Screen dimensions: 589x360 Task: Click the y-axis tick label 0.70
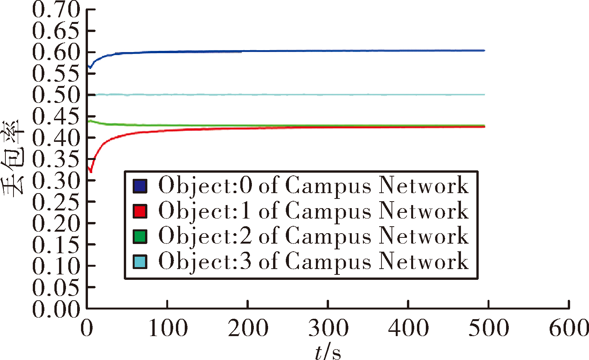coord(56,10)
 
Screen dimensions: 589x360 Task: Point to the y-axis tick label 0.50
coord(56,95)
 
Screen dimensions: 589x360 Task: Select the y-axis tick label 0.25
coord(56,202)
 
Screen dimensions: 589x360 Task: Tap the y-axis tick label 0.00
coord(56,308)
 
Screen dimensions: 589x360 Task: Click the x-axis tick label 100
coord(168,328)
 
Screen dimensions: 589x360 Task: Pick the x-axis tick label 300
coord(328,328)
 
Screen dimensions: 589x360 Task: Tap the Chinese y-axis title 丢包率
coord(13,157)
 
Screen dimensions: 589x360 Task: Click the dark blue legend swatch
coord(140,186)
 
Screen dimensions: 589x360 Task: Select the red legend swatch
coord(140,211)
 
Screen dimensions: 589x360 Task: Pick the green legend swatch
coord(140,237)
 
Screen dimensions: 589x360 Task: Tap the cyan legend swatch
coord(140,262)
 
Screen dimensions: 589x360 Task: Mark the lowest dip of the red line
coord(91,172)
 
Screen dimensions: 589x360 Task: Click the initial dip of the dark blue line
coord(90,68)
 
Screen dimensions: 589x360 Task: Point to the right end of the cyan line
coord(484,94)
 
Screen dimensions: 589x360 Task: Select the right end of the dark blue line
coord(484,50)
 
